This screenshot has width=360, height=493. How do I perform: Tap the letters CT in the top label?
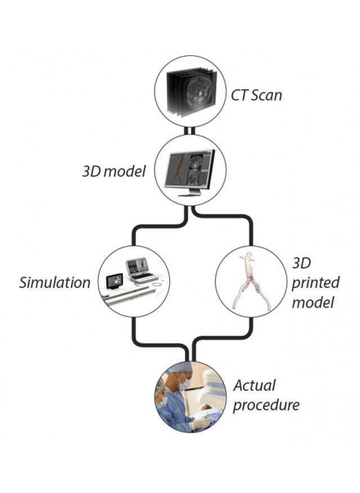239,95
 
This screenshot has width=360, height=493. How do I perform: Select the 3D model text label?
114,171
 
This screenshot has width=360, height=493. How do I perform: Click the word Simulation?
55,282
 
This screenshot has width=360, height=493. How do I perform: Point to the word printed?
315,283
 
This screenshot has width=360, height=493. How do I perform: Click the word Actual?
254,385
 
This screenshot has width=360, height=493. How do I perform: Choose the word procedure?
266,405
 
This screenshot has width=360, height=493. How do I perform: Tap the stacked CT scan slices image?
191,91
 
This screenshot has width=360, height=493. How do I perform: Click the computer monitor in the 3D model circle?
190,173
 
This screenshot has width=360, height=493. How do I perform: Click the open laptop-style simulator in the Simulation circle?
141,270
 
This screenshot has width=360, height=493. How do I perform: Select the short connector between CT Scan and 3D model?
190,130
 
